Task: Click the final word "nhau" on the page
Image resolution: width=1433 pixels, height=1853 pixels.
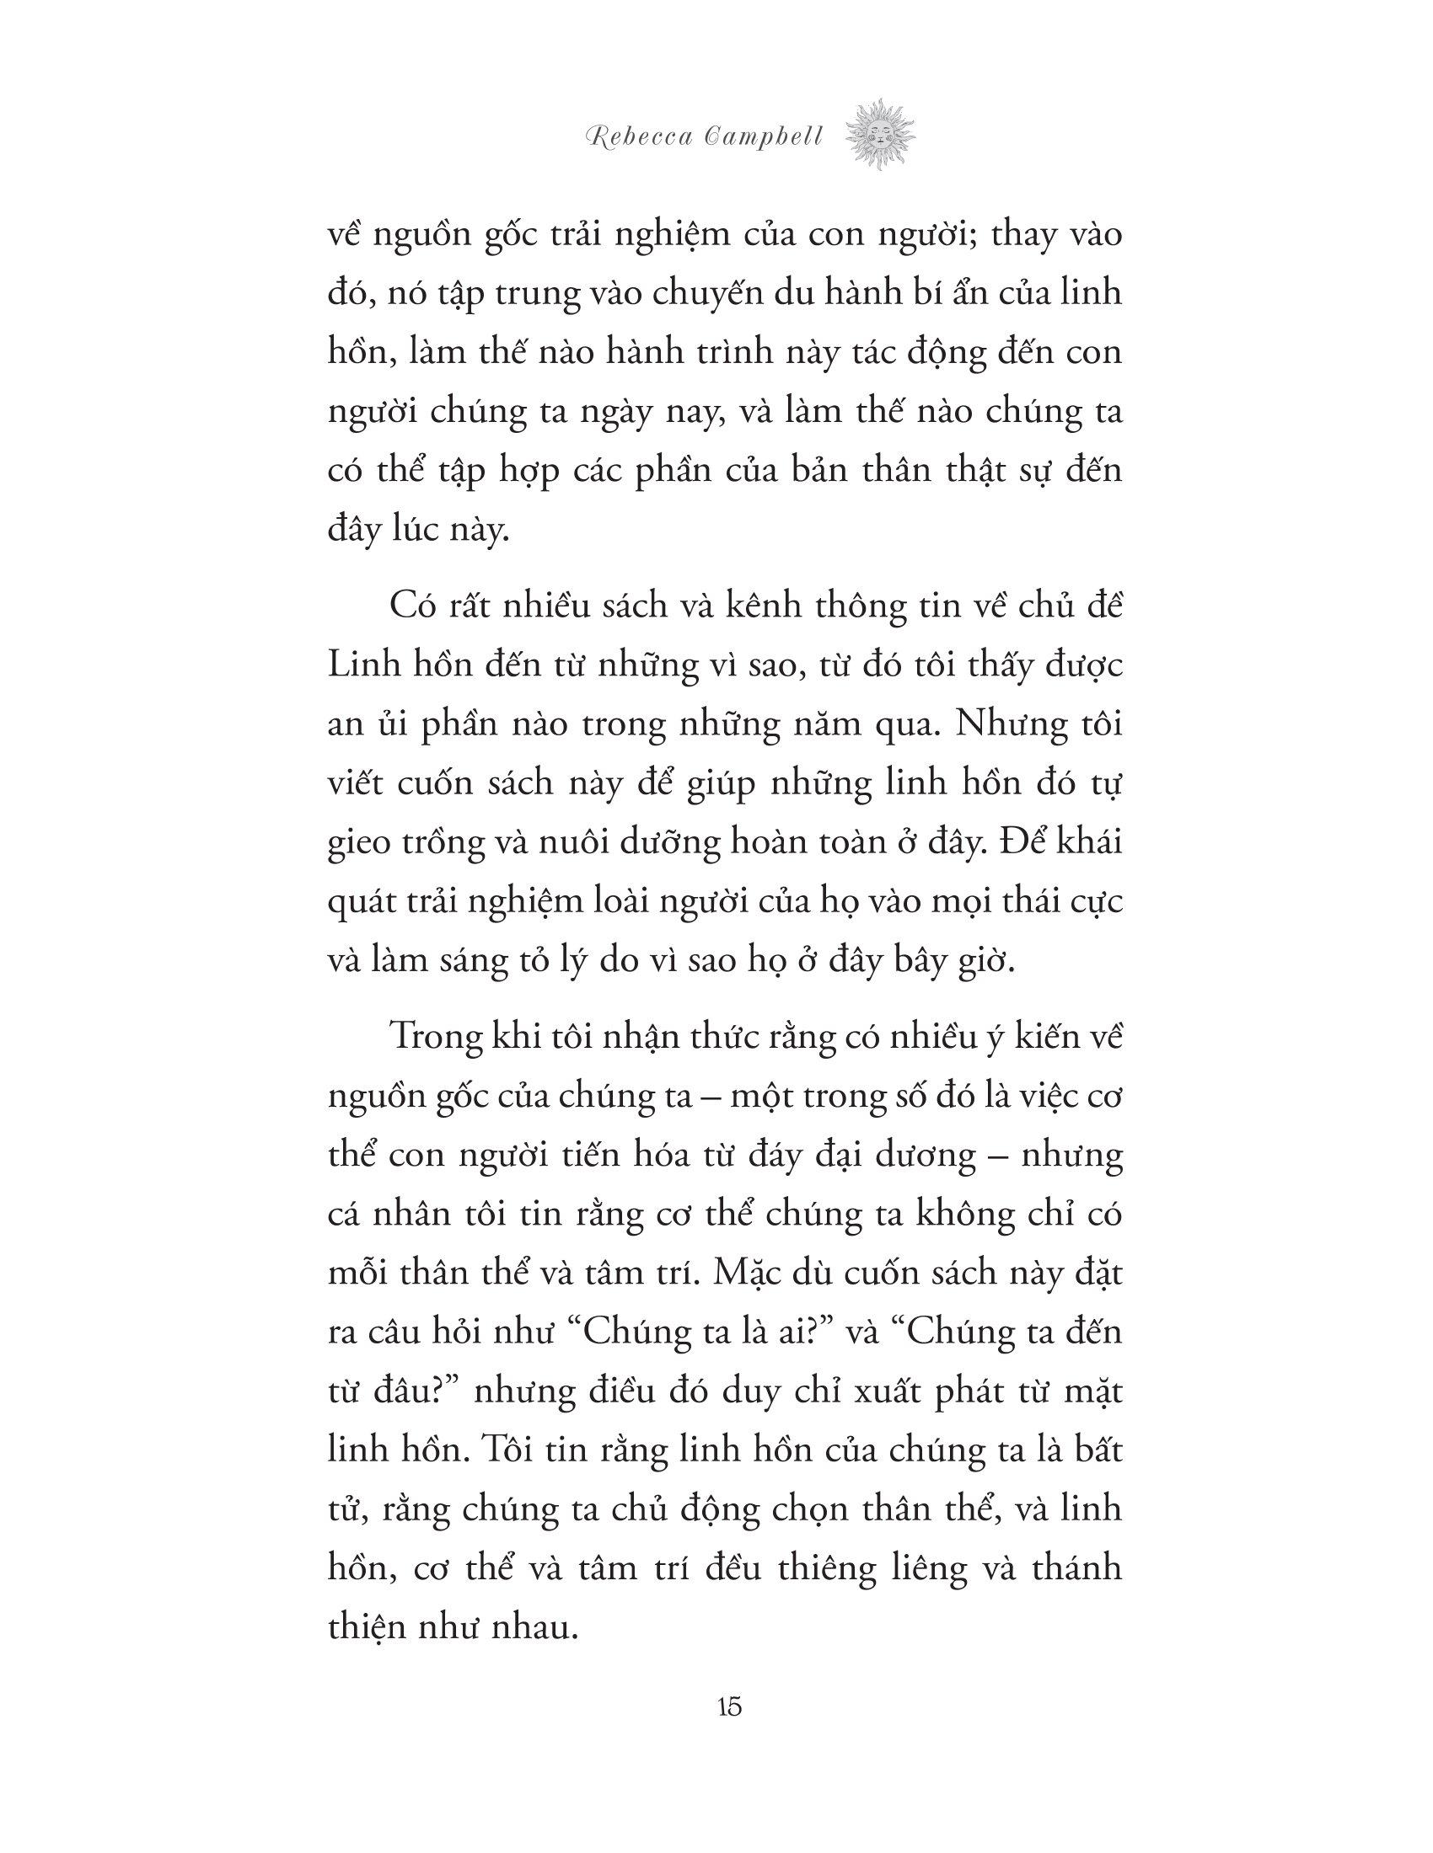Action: coord(530,1629)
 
